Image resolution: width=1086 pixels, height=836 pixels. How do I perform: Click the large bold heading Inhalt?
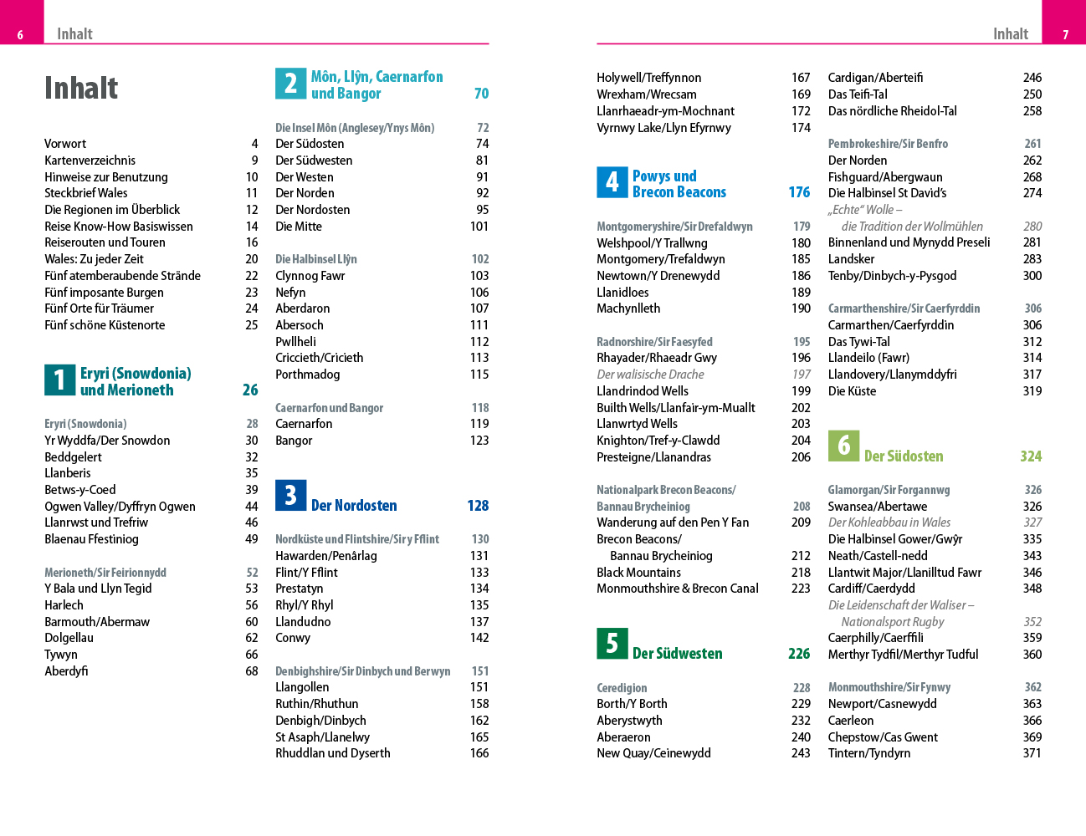point(81,88)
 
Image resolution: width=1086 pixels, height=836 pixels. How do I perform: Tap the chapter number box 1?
point(59,380)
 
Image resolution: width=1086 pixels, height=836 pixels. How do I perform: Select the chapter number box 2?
point(290,83)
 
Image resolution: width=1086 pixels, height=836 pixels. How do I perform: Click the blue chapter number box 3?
point(290,496)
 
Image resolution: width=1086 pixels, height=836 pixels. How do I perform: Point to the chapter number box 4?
point(612,182)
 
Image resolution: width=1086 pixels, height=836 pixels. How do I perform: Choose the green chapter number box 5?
point(612,643)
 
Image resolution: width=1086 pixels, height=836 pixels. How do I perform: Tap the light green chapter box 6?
point(843,446)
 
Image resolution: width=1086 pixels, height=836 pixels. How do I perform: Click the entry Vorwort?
point(65,144)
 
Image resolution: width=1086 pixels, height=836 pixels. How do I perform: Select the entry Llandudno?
point(303,622)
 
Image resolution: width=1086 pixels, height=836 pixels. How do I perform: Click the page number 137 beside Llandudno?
point(479,622)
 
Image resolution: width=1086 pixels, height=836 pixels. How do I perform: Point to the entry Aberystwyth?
point(629,721)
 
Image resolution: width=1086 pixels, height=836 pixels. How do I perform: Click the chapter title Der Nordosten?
point(354,506)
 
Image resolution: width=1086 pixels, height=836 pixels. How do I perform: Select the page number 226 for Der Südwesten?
point(799,654)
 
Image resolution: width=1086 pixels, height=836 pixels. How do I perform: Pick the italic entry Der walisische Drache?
point(650,375)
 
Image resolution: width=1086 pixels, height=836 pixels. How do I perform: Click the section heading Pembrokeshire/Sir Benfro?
point(888,144)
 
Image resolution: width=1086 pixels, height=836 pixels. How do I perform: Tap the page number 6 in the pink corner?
point(20,34)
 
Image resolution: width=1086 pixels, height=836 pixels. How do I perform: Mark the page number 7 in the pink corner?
point(1065,34)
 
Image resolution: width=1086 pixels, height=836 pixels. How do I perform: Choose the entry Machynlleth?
point(628,308)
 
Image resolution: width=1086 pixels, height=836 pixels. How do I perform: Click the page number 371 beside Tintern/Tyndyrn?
point(1032,753)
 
